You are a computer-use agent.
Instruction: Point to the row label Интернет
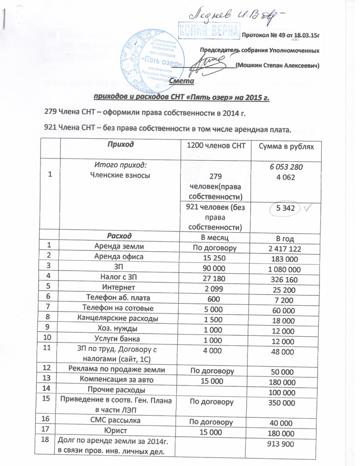click(x=119, y=289)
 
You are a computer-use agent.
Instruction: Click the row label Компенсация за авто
click(x=119, y=380)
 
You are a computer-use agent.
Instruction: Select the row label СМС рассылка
click(x=119, y=421)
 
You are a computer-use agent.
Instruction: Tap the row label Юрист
click(x=119, y=432)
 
